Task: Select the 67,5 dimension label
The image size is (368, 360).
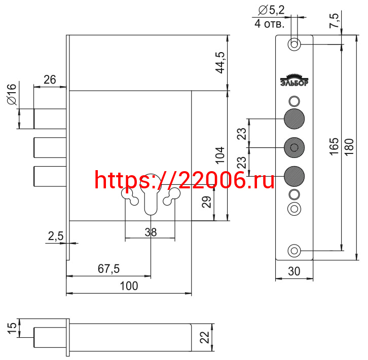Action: coord(108,269)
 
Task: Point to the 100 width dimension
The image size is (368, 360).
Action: coord(129,286)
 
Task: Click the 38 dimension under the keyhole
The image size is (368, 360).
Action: coord(150,232)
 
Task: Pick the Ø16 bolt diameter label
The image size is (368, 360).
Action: coord(12,95)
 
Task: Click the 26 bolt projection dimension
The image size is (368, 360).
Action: coord(50,79)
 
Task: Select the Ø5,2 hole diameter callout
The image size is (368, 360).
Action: coord(271,9)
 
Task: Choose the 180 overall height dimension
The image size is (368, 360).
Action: coord(349,146)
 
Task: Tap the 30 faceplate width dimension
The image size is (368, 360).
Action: coord(294,271)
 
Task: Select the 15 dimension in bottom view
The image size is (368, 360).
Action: coord(11,328)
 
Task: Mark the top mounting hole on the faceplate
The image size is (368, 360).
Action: coord(294,44)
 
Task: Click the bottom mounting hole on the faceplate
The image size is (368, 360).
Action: coord(294,250)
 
